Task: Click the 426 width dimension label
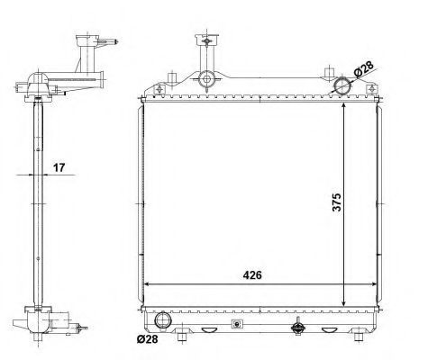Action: point(252,274)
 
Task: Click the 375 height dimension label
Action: point(337,202)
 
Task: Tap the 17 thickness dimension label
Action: point(59,167)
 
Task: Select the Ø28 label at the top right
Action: point(363,69)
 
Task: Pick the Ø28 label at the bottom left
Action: point(147,339)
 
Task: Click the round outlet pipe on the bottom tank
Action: point(163,319)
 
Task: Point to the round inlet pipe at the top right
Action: point(342,85)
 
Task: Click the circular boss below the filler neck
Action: point(206,79)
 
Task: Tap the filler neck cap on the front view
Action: point(206,40)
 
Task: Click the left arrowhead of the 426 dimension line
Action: point(148,284)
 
